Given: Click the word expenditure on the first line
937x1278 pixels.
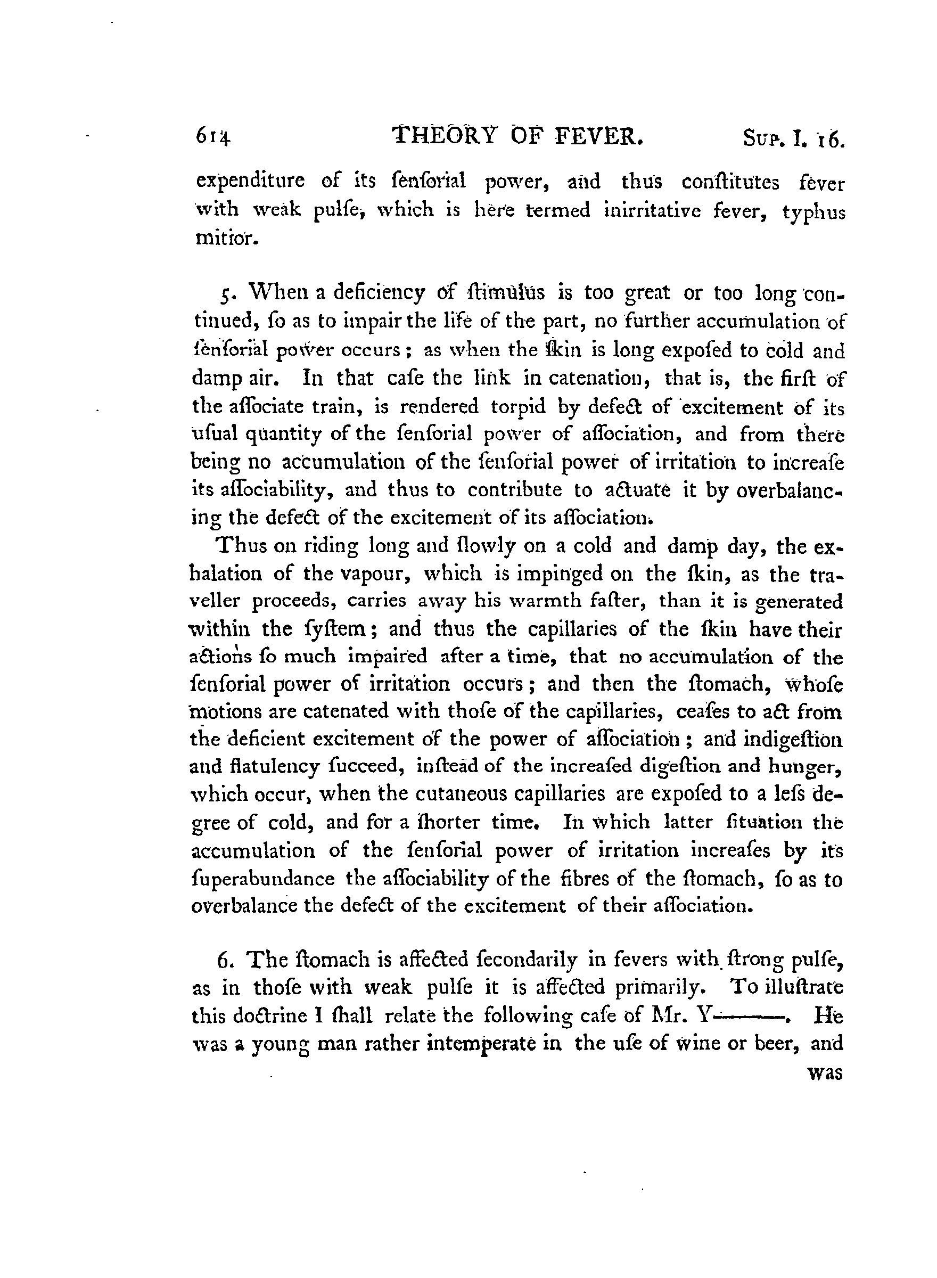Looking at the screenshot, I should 250,182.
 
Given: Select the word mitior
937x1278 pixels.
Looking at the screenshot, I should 227,238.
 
